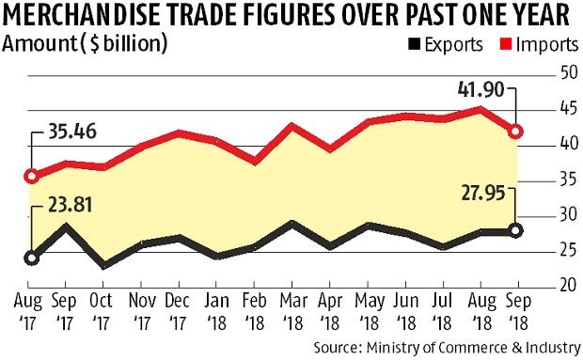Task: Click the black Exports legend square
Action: (x=412, y=44)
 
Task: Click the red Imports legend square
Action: (x=496, y=44)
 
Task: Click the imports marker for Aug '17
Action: (x=32, y=176)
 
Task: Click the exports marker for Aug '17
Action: (x=32, y=258)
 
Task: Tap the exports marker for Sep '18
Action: (x=515, y=229)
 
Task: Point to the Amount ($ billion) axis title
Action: (x=87, y=44)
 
